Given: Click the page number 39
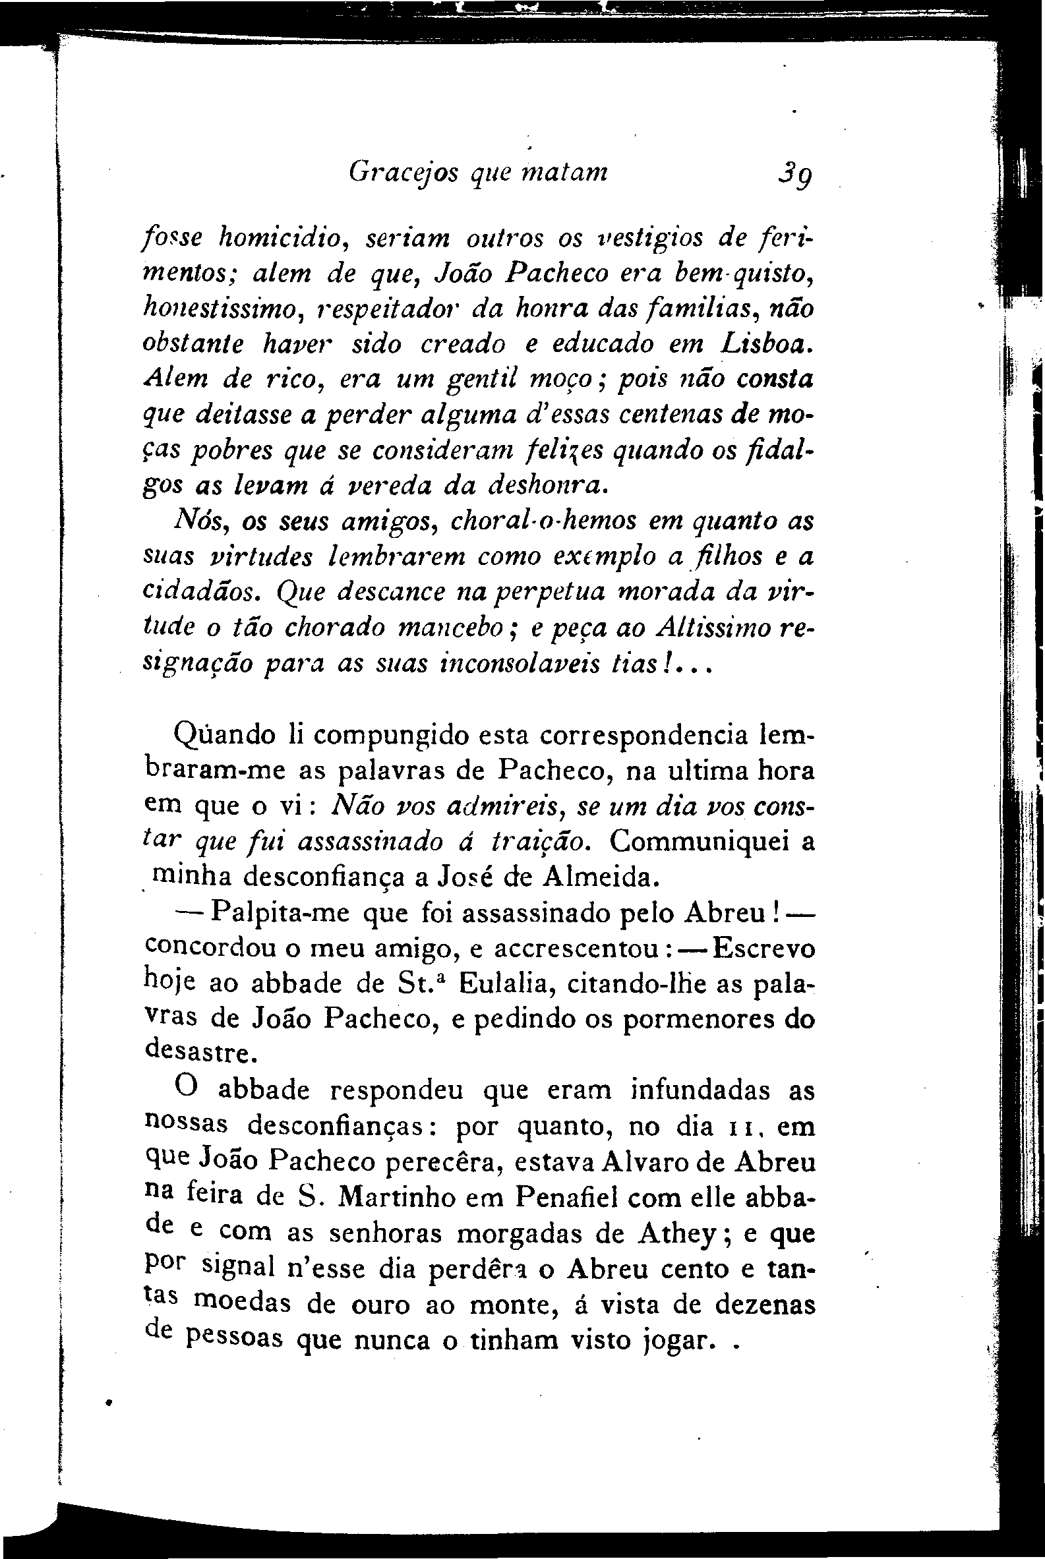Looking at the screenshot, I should [794, 176].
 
